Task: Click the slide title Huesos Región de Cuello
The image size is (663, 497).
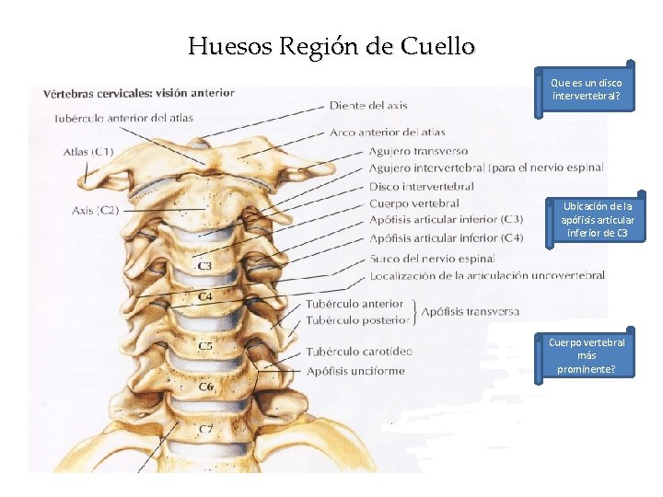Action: pos(331,46)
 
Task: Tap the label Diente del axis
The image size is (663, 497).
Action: pos(367,106)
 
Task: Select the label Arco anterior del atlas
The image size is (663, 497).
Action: pos(387,133)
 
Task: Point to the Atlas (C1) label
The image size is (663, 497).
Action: pos(88,151)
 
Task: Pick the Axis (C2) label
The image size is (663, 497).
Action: pos(94,210)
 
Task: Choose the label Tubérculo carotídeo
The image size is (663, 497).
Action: pos(359,352)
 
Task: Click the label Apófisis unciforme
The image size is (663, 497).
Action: pos(355,371)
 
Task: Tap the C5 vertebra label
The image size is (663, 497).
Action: pos(205,346)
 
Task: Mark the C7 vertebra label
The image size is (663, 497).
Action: pos(206,430)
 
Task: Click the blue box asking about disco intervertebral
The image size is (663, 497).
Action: pos(587,89)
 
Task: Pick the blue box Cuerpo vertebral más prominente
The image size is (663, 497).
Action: pos(587,355)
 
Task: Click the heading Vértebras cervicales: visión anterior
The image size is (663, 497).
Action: pos(132,92)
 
